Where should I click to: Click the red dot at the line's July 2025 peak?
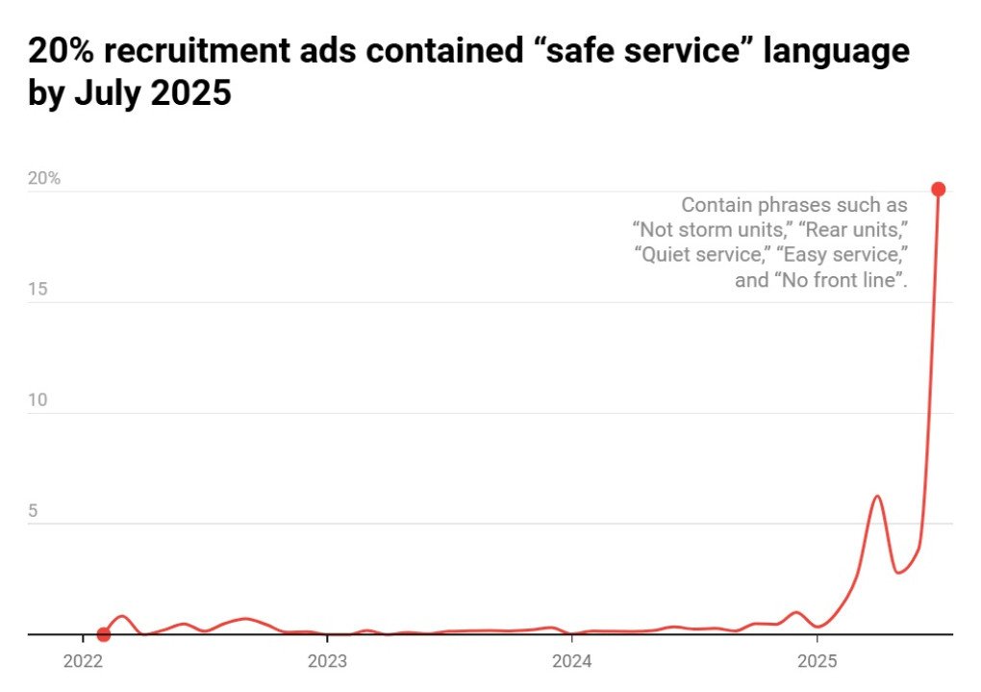click(x=938, y=189)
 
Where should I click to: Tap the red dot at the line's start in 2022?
click(x=104, y=634)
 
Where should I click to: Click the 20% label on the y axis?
click(x=43, y=179)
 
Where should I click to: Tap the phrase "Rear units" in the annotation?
click(x=854, y=230)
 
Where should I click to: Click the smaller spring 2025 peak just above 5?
click(x=877, y=497)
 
